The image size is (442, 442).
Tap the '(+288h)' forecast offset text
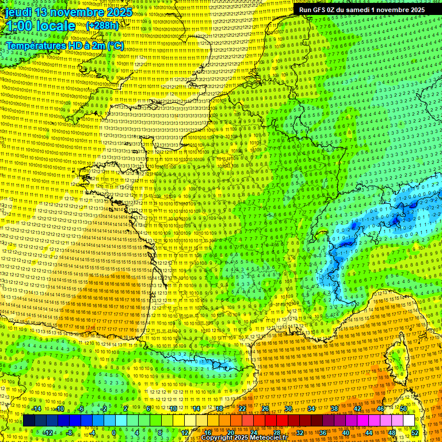pos(103,26)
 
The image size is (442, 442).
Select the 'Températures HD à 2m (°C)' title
pos(64,45)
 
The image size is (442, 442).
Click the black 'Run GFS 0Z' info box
pos(362,10)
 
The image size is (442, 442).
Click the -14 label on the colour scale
pos(36,409)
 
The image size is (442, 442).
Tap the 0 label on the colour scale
pos(114,432)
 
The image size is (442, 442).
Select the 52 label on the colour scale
pos(415,432)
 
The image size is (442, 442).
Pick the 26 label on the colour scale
pos(265,409)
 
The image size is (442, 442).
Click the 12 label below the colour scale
pos(185,432)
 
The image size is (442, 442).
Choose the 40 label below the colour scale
pos(345,432)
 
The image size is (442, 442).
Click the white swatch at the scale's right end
pos(409,420)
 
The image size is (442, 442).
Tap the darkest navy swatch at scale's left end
pos(29,420)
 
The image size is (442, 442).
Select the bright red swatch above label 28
pos(277,420)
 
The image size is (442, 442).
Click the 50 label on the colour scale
pos(403,409)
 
